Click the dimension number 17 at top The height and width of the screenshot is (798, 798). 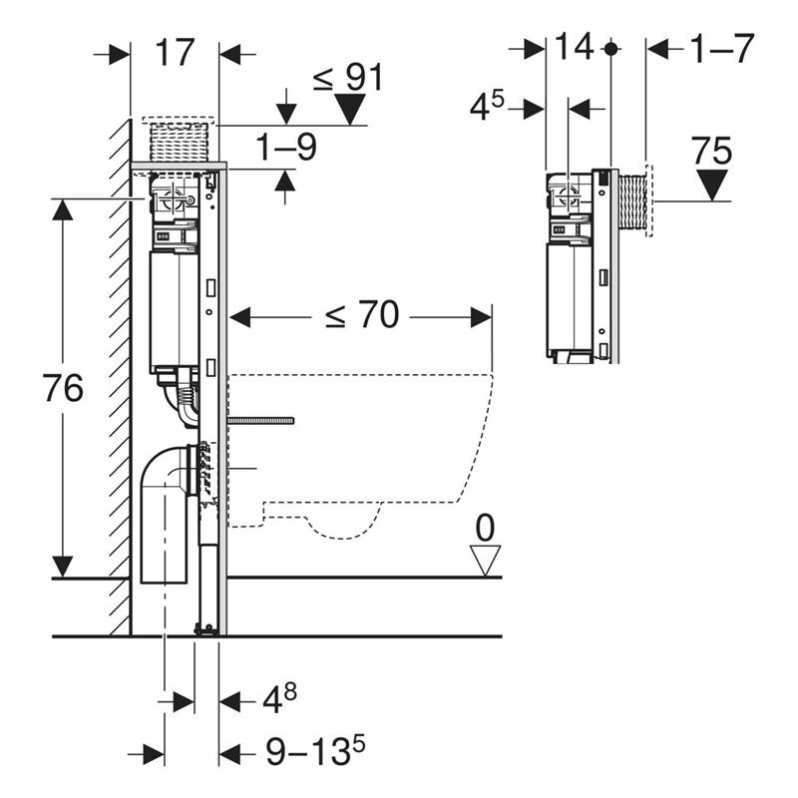click(x=175, y=53)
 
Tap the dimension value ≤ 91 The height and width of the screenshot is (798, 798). click(x=349, y=77)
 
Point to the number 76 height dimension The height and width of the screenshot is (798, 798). click(x=63, y=389)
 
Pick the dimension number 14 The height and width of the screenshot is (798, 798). click(x=575, y=47)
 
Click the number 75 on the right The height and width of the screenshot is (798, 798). click(x=712, y=152)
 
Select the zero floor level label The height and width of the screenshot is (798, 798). click(x=485, y=528)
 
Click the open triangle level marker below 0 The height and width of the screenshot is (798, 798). click(x=486, y=561)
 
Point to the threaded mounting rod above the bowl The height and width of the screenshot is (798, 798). click(x=260, y=421)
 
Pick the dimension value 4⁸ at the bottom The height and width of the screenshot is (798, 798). click(x=278, y=699)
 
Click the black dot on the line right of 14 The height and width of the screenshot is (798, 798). click(x=610, y=48)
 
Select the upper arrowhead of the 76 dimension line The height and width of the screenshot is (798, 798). click(x=63, y=207)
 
